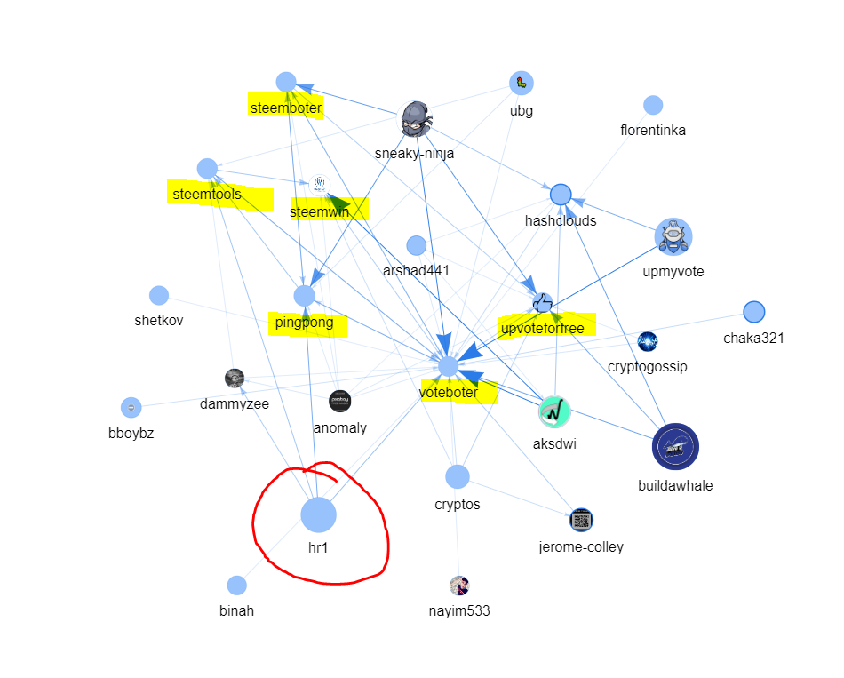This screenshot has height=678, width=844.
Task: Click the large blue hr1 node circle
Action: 318,514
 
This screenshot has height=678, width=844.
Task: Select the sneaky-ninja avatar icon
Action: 416,119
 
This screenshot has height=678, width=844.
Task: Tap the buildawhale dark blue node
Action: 675,446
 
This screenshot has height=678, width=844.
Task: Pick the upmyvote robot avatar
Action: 673,236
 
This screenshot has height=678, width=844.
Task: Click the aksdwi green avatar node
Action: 553,412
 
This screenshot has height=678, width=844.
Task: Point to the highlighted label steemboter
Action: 286,108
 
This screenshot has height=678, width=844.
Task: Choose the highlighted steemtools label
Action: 207,194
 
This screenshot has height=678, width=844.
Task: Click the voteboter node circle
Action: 448,367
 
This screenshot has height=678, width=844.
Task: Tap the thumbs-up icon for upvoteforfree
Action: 542,303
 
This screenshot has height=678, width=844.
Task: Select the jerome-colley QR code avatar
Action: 581,520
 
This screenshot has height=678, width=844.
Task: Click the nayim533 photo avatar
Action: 459,586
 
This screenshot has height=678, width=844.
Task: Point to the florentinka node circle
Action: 652,105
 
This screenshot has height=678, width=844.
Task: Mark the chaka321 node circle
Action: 753,312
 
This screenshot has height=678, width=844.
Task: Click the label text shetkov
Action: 159,321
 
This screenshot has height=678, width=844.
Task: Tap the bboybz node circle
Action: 131,408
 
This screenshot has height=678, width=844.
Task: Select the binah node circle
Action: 236,586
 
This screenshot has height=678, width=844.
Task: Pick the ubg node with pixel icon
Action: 521,83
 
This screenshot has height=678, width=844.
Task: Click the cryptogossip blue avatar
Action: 647,341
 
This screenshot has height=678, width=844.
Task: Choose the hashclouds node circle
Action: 561,195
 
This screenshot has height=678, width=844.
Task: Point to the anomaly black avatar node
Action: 339,401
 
